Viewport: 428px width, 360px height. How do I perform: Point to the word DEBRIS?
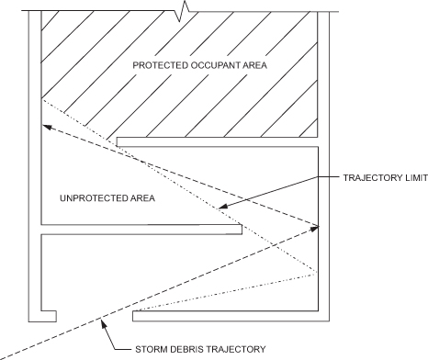pos(191,349)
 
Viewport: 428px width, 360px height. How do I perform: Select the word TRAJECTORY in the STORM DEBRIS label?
pos(239,349)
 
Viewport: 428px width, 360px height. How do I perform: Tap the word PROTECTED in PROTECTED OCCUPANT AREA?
pos(152,66)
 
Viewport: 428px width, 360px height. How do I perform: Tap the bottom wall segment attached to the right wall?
pos(230,316)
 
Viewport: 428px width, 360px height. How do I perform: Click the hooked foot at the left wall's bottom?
pos(42,316)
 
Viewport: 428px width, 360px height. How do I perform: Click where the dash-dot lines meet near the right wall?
pos(316,274)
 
